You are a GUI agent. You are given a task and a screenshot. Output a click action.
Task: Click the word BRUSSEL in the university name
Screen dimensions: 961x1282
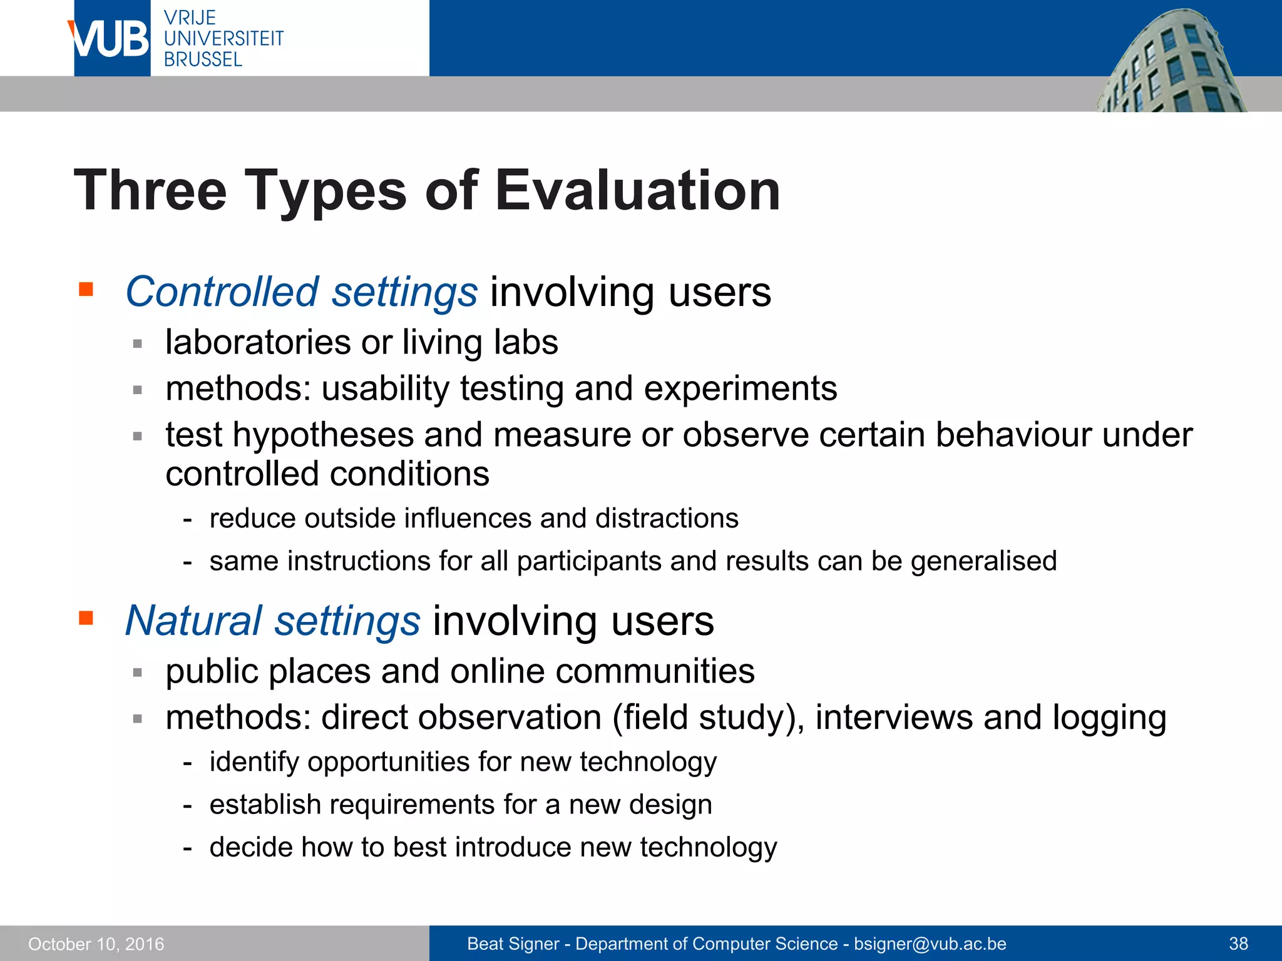[203, 59]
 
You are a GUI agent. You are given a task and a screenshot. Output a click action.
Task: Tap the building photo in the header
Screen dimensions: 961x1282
[1171, 63]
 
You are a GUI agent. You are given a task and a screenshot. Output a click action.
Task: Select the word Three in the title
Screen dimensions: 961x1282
[150, 190]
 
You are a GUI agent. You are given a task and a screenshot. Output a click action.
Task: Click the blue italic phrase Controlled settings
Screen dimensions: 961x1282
[301, 292]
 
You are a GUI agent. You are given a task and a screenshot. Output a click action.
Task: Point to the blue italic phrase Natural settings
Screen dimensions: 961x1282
[272, 621]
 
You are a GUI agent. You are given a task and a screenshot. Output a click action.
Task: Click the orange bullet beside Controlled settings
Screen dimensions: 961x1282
[86, 290]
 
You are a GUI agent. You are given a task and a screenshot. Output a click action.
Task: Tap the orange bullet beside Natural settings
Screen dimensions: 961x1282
[86, 619]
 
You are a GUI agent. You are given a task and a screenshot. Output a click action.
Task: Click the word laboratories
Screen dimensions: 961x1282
[258, 342]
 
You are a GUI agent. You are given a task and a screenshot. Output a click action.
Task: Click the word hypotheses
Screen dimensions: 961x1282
[323, 435]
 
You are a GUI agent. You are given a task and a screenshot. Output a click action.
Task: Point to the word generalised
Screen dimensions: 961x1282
[983, 561]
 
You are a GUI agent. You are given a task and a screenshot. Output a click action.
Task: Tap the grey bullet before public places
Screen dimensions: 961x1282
[138, 673]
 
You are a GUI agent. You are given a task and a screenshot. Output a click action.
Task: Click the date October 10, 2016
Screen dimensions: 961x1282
[96, 943]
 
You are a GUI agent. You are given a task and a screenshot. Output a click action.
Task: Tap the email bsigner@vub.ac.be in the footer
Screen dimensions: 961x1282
[930, 943]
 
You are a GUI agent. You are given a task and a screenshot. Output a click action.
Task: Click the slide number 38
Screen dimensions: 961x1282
[1238, 943]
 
